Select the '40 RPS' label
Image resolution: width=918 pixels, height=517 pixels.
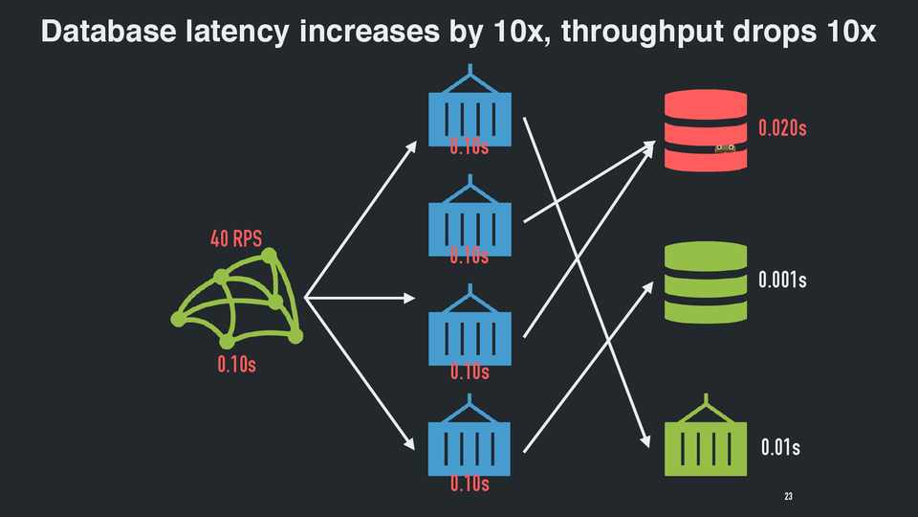point(236,239)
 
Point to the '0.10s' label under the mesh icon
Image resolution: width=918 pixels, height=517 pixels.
point(236,365)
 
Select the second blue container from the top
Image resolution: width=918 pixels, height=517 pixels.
point(470,224)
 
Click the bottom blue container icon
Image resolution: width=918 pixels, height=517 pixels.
point(470,446)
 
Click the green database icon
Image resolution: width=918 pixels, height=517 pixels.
point(706,282)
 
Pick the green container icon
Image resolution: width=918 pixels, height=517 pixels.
point(706,435)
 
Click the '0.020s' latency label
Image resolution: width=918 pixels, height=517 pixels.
point(782,128)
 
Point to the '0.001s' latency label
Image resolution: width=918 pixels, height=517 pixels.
point(782,281)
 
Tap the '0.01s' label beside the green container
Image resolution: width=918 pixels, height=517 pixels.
point(780,447)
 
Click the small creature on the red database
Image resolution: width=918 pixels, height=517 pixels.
point(725,147)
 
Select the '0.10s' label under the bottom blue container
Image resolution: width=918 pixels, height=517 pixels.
point(470,484)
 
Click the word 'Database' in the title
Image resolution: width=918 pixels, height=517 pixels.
point(106,32)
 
